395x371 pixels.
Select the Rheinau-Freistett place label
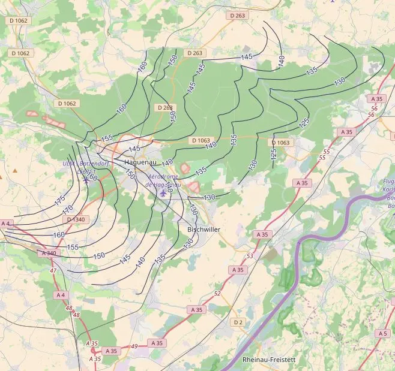[x=270, y=360]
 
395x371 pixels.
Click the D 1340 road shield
[x=77, y=219]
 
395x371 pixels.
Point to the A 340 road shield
[x=49, y=253]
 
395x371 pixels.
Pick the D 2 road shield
[x=238, y=322]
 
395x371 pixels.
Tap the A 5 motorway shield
[x=383, y=333]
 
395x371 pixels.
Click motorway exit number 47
[x=53, y=271]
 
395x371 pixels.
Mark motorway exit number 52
[x=217, y=293]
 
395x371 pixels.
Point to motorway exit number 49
[x=134, y=346]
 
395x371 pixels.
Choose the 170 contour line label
[x=67, y=210]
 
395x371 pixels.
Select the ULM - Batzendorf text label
[x=90, y=164]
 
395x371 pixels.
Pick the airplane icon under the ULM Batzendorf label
[x=86, y=177]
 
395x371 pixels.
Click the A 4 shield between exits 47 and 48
[x=61, y=295]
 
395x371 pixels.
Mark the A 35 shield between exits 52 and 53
[x=238, y=270]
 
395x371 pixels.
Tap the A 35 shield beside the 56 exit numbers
[x=376, y=99]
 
